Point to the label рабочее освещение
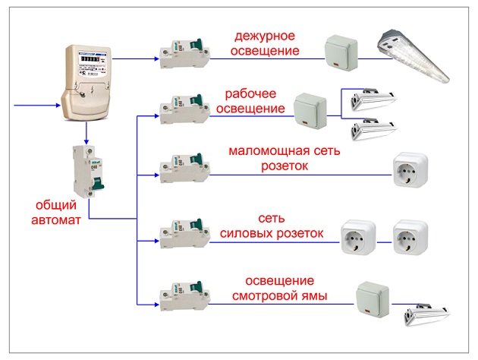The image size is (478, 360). click(x=252, y=102)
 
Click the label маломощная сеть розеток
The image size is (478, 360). click(x=285, y=158)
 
